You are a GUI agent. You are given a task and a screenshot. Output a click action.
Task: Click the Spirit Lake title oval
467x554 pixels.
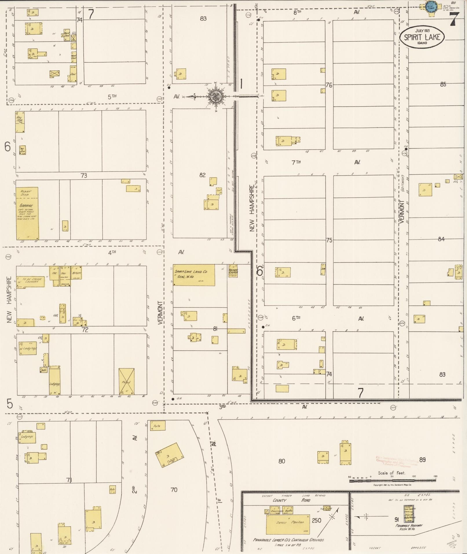(422, 37)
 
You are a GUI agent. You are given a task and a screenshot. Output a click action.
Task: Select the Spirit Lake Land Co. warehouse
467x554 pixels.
(194, 275)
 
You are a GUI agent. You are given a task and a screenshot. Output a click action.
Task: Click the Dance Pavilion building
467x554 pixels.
(288, 524)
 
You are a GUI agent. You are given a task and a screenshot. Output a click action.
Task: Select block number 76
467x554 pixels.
(329, 85)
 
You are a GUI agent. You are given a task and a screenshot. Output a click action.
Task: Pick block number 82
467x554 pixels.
(202, 175)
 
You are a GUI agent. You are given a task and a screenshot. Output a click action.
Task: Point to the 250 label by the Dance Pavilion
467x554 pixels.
(316, 520)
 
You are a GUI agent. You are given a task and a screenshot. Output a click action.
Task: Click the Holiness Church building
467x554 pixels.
(233, 271)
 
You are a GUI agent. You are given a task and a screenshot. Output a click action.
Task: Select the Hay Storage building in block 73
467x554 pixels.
(20, 122)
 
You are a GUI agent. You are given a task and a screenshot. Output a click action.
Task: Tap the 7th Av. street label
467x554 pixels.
(296, 162)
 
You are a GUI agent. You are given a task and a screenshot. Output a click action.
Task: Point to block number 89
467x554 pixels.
(422, 460)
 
